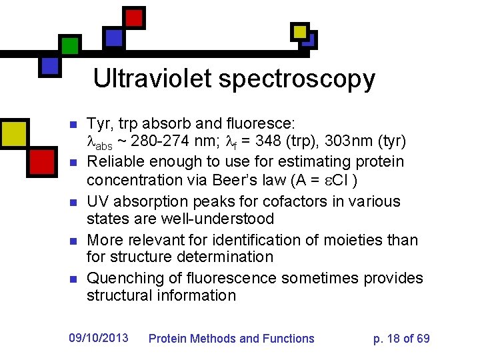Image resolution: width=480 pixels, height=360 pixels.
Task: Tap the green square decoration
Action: (69, 45)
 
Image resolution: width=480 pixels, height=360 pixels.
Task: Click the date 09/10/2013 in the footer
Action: (99, 338)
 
